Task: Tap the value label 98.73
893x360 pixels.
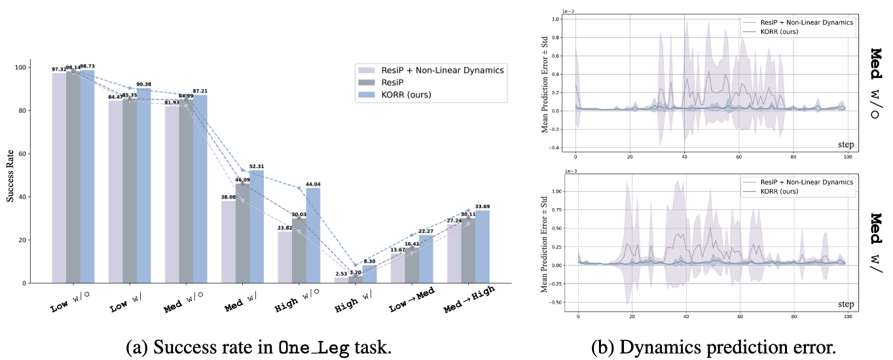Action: pyautogui.click(x=88, y=67)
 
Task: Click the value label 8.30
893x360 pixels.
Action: pyautogui.click(x=370, y=261)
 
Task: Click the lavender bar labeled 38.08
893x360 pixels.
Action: pyautogui.click(x=228, y=242)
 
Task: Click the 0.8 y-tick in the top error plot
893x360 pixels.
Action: pyautogui.click(x=555, y=37)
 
